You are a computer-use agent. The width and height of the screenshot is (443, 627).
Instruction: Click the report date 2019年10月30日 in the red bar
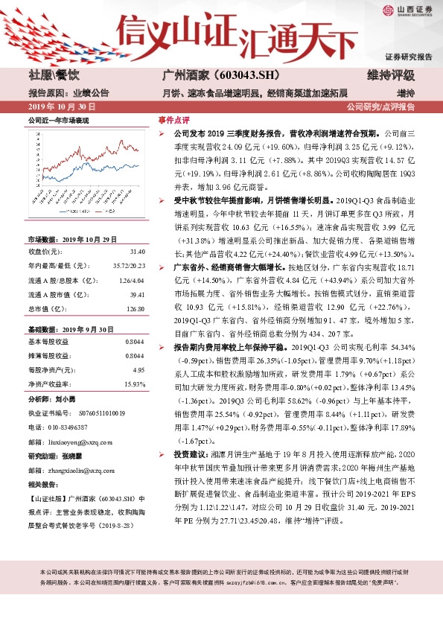(54, 106)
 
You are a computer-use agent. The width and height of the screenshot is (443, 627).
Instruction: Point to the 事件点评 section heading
(174, 120)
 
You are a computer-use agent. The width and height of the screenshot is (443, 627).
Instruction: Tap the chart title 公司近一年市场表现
(59, 121)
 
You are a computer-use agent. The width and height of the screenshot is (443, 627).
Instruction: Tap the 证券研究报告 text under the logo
(408, 57)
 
